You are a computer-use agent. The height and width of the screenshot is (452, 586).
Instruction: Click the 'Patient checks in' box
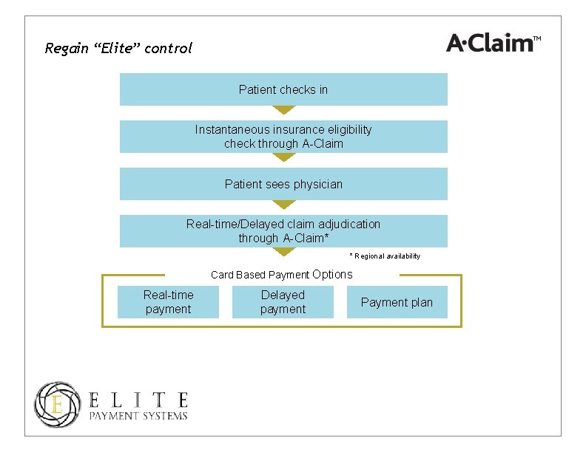point(283,89)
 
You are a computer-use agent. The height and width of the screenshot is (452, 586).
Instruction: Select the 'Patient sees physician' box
point(283,184)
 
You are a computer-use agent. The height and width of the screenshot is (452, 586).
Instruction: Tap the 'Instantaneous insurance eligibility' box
point(283,137)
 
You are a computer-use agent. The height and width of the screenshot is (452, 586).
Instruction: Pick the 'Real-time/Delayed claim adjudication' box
point(283,230)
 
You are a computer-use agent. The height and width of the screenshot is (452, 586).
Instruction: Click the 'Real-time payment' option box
point(169,302)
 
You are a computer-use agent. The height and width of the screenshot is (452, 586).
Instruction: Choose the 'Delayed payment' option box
point(283,302)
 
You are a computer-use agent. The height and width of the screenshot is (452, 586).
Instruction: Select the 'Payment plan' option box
point(397,302)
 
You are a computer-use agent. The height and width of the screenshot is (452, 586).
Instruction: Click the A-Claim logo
point(488,43)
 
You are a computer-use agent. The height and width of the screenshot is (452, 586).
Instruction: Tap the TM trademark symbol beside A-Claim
point(537,38)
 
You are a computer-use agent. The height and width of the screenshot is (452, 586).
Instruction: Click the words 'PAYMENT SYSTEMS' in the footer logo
point(138,416)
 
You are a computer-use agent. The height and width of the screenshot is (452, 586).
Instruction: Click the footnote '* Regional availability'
point(385,256)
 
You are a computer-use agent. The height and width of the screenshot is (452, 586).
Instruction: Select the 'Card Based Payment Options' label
point(282,275)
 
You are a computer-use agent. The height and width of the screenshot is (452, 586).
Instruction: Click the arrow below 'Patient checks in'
point(283,109)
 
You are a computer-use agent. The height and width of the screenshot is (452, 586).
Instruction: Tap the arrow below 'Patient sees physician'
point(283,204)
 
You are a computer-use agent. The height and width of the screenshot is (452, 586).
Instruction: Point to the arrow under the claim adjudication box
point(283,251)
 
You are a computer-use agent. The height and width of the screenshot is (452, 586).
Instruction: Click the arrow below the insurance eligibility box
point(283,157)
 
